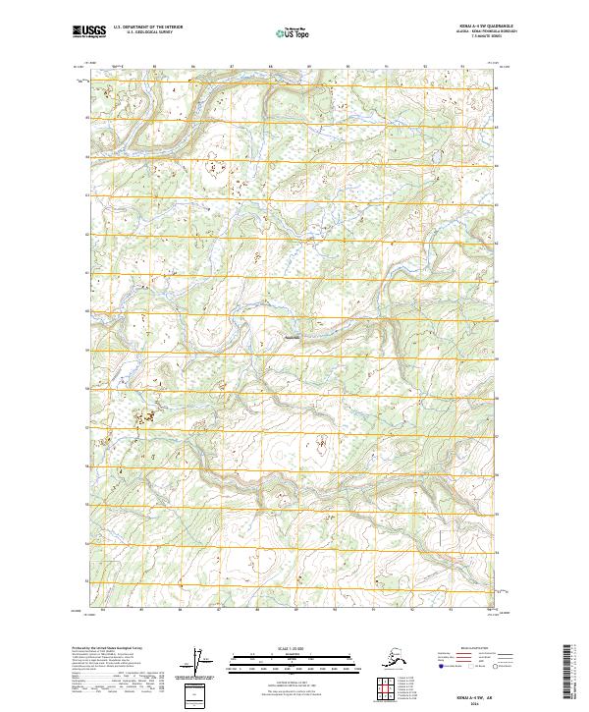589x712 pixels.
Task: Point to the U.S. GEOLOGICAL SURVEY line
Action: click(139, 32)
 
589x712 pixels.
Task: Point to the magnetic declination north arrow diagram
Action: click(202, 660)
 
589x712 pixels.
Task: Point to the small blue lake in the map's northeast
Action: click(432, 155)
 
